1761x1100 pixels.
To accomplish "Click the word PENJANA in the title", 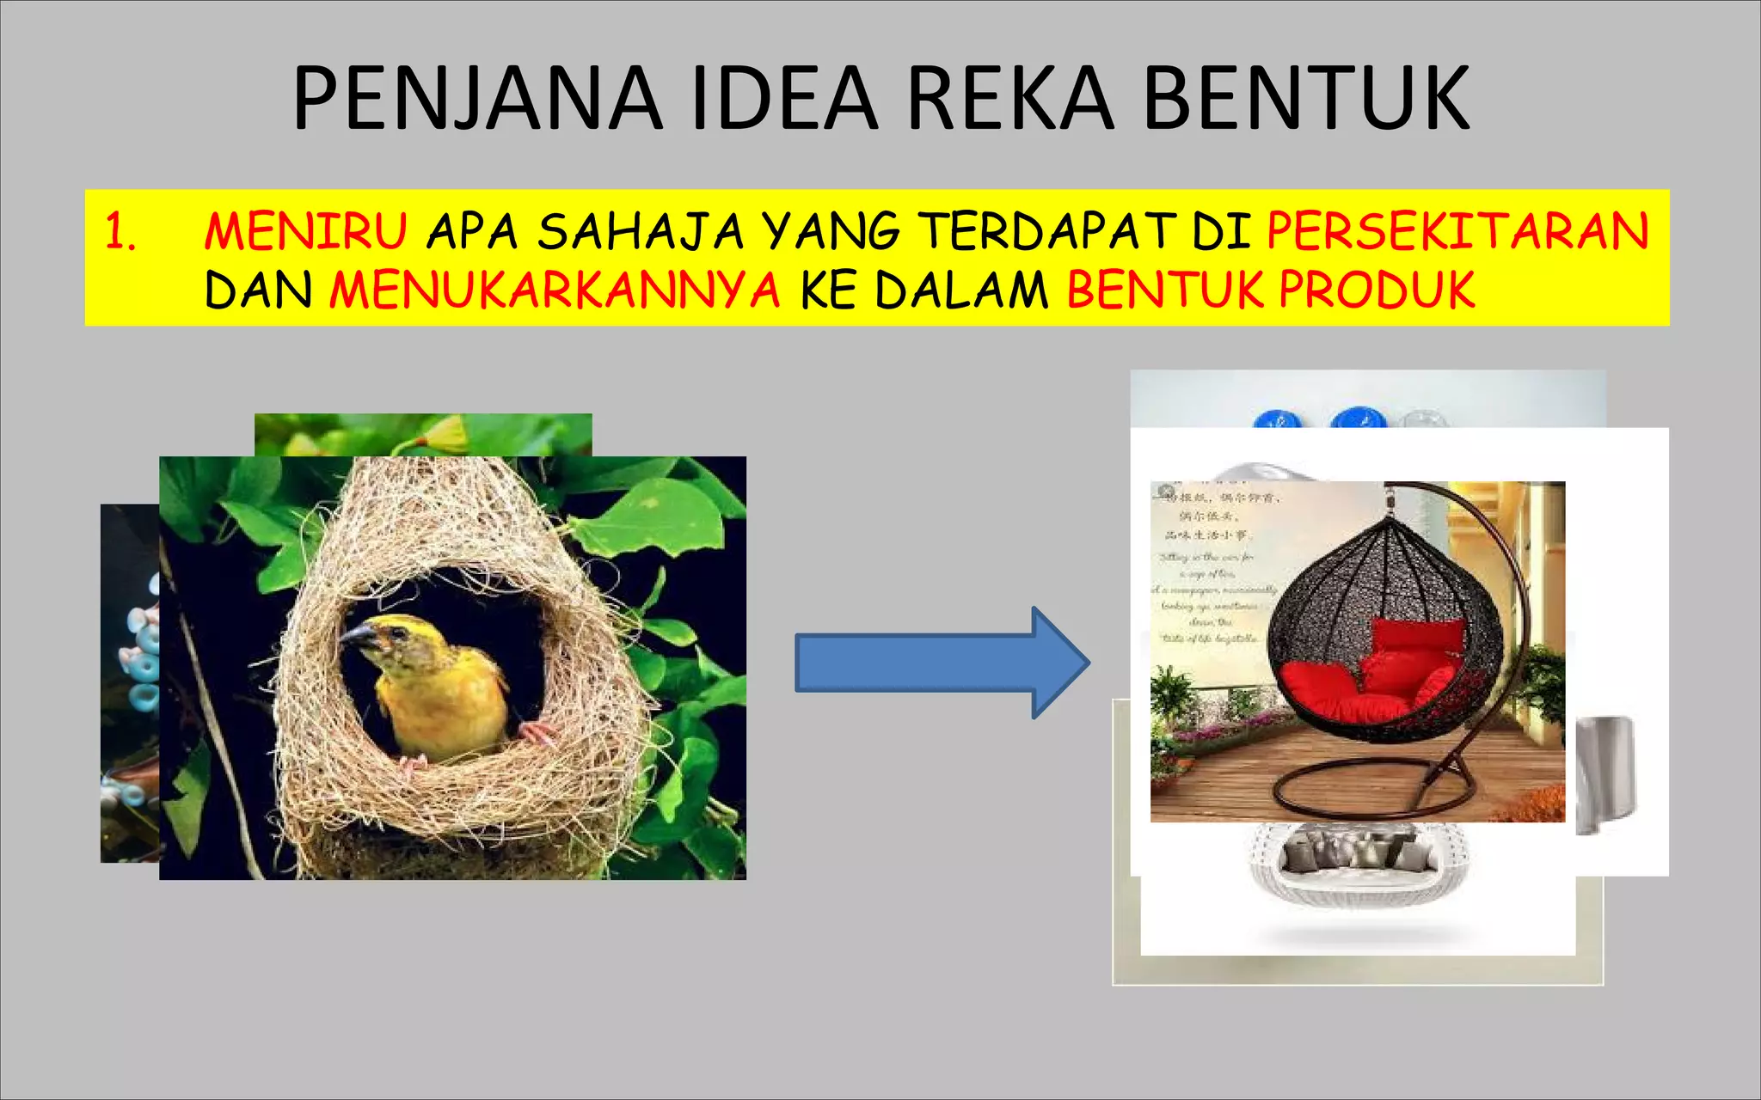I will click(478, 99).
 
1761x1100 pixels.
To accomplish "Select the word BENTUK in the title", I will click(1307, 99).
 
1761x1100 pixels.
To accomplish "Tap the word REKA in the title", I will click(1010, 99).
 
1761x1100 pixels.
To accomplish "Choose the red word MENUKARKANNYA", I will click(555, 290).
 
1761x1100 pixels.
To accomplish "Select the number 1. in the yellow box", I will click(120, 232).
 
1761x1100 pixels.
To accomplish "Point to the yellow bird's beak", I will click(357, 637).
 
